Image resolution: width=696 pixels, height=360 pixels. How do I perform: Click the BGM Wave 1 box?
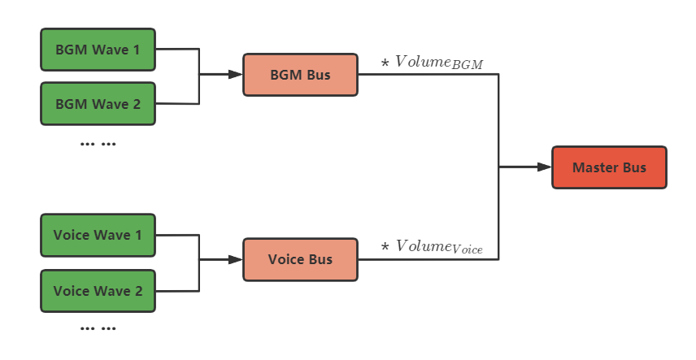click(x=98, y=50)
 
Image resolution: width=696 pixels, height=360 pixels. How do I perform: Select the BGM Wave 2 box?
click(x=98, y=104)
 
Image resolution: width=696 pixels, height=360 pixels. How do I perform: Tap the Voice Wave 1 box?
click(x=98, y=235)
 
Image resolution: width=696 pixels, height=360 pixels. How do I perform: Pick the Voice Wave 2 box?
click(x=98, y=290)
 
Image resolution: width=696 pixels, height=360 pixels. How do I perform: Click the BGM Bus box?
click(x=300, y=75)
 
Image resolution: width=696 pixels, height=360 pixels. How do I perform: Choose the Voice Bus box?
click(x=300, y=259)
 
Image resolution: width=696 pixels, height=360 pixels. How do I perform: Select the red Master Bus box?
click(x=609, y=167)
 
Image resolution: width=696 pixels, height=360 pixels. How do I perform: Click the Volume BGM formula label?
click(x=433, y=63)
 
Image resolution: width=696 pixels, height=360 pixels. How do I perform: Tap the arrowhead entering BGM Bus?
click(x=236, y=75)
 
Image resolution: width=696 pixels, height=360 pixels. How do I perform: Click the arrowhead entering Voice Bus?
click(x=236, y=259)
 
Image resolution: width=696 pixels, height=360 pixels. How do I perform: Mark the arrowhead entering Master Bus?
click(x=545, y=167)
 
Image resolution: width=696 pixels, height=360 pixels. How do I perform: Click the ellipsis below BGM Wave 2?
click(x=98, y=144)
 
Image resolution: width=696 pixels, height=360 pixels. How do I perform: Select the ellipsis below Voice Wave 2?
click(x=98, y=329)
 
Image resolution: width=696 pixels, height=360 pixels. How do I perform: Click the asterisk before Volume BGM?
click(x=385, y=63)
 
